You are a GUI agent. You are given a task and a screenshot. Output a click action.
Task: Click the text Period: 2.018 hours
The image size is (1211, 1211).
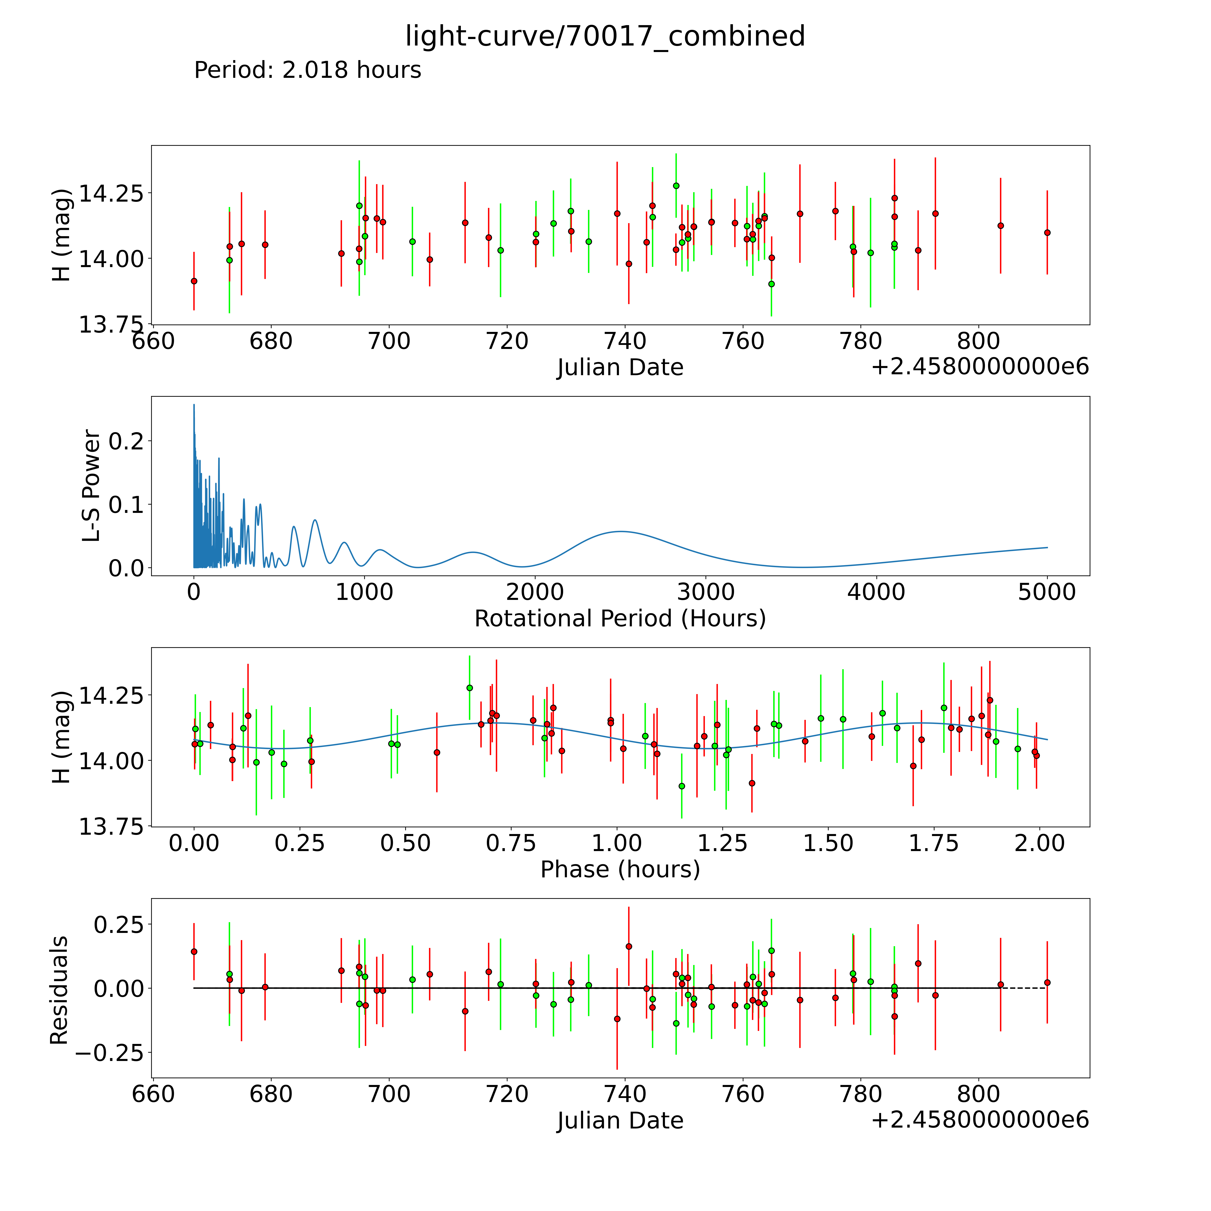[307, 70]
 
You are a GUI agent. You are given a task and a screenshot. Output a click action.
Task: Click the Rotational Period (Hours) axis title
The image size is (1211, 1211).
[620, 619]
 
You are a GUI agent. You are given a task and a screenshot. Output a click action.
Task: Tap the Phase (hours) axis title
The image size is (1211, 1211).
[620, 869]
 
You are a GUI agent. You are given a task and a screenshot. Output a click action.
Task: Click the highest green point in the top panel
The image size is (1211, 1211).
[676, 185]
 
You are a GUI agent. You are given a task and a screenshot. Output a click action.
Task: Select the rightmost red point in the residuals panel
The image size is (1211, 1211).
[1047, 982]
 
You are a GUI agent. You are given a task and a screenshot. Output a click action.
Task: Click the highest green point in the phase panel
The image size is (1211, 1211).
[469, 688]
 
